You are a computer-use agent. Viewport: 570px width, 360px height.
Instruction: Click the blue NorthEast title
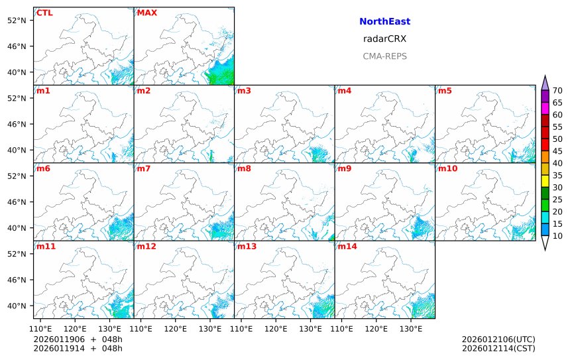384,22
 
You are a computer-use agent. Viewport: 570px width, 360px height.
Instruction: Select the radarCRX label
384,39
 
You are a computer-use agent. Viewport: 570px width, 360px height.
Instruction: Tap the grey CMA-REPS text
384,56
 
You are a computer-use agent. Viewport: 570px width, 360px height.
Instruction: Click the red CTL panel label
44,13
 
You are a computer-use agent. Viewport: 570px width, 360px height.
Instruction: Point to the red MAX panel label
146,13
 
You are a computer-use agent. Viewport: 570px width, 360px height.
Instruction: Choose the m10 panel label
447,168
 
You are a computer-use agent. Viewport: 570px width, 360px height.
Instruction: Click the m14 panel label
347,247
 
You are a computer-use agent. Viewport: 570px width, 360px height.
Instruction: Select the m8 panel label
244,168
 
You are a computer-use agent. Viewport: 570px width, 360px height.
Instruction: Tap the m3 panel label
244,91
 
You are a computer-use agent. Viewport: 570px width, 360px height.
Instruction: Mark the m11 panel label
46,247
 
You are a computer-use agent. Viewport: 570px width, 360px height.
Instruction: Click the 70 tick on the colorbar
557,91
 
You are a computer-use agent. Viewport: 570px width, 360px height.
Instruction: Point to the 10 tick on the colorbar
557,235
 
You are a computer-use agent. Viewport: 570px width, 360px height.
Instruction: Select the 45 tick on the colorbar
557,151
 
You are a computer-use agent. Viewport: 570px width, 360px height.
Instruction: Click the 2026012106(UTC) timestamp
498,339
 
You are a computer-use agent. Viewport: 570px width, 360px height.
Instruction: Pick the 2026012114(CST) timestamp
498,348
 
